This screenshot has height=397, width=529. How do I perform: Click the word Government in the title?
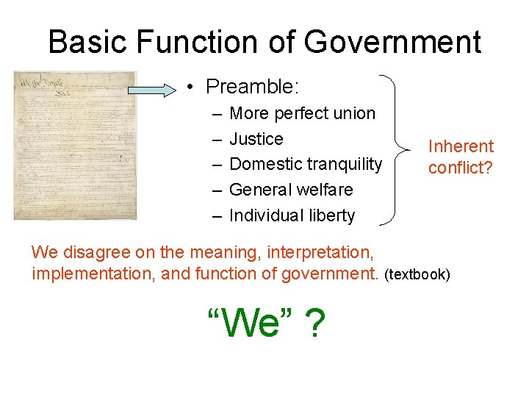[392, 43]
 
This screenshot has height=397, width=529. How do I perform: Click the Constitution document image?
[75, 145]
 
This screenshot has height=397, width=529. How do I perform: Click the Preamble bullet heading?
[252, 87]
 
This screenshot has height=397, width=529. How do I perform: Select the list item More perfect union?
[302, 113]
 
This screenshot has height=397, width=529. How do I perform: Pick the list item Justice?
[256, 139]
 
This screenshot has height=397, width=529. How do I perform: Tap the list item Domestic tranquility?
[306, 164]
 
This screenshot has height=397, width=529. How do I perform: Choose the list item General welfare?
[291, 190]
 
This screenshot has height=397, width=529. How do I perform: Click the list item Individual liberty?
[292, 215]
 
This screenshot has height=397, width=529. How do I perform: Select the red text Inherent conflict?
[461, 157]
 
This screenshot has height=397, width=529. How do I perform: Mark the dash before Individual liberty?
[216, 215]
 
